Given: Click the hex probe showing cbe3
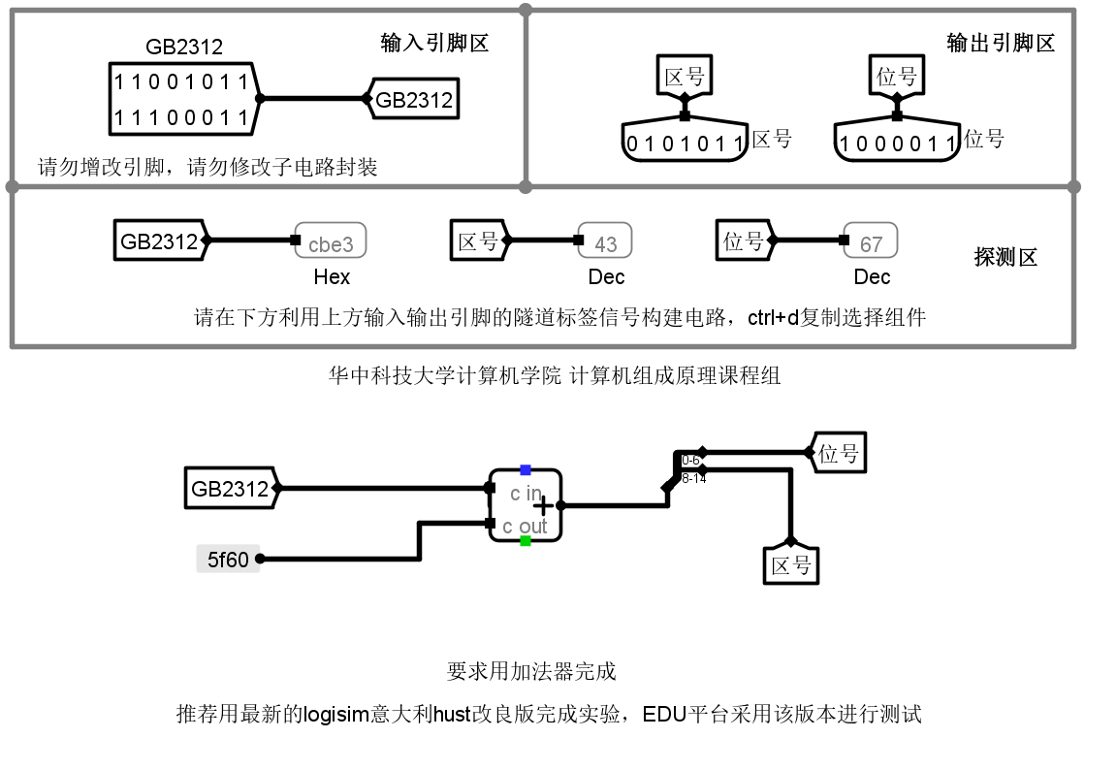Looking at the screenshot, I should click(331, 242).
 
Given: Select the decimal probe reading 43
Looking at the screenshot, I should click(605, 242).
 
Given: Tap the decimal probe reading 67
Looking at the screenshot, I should click(871, 242).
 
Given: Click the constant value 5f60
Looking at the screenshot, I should click(228, 559).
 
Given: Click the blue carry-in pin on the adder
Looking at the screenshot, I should click(526, 470).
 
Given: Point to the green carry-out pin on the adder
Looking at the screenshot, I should click(526, 540).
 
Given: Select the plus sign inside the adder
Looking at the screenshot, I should click(544, 505).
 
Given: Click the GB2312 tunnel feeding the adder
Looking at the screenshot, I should click(231, 489).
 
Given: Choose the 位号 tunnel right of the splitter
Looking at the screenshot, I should click(838, 453).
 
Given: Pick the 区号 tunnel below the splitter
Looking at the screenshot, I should click(790, 564).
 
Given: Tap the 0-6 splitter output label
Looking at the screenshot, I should click(690, 460).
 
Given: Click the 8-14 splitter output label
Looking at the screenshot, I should click(694, 478).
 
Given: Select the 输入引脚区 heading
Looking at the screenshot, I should click(433, 43).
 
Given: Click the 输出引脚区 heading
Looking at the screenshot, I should click(1001, 43).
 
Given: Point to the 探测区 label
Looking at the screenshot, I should click(1005, 258).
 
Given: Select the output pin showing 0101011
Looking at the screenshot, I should click(685, 144).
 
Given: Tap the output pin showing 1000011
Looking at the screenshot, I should click(897, 144).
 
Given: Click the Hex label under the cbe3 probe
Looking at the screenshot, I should click(332, 277).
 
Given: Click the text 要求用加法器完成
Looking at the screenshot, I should click(531, 671).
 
